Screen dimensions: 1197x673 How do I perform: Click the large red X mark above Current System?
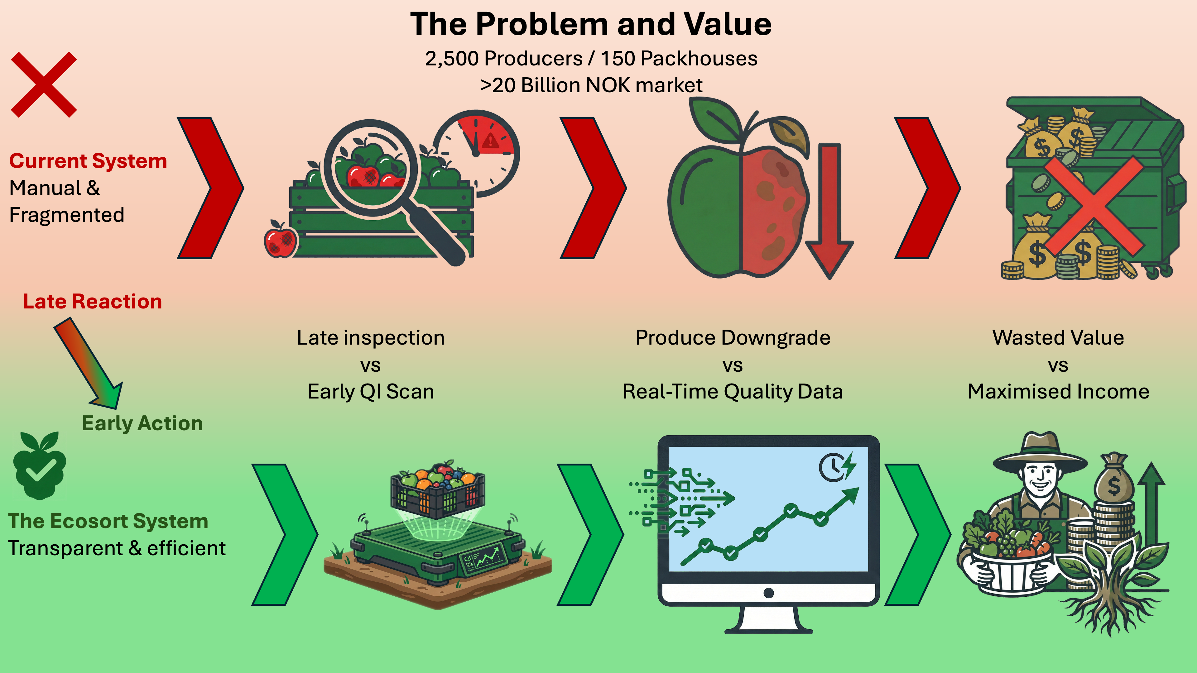pyautogui.click(x=44, y=84)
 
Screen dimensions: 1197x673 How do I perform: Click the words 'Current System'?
pyautogui.click(x=88, y=161)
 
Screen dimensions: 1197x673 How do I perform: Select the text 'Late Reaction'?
pyautogui.click(x=93, y=301)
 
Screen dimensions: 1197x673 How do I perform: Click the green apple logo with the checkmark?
pyautogui.click(x=40, y=465)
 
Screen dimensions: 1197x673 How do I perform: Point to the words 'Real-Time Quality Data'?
pyautogui.click(x=732, y=392)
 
